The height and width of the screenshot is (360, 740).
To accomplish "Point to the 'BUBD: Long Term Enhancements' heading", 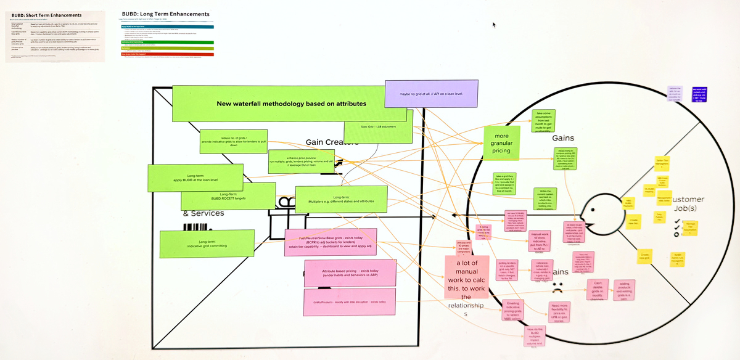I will (166, 14).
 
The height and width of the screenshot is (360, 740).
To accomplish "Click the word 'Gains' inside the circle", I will (562, 138).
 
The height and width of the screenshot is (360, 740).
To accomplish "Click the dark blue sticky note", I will (699, 94).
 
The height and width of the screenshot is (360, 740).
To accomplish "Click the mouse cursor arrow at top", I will (494, 25).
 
